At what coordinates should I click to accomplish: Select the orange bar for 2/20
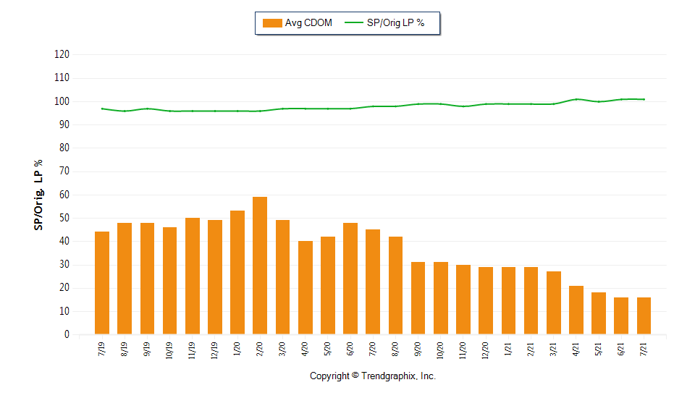click(x=260, y=266)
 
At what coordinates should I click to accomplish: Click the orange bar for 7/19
click(x=102, y=283)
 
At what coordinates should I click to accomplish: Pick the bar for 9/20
click(x=418, y=298)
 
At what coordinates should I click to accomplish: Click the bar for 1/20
click(x=237, y=272)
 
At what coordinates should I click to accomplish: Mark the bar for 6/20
click(x=350, y=279)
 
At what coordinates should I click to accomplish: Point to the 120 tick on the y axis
click(x=62, y=55)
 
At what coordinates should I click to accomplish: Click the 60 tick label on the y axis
click(x=64, y=195)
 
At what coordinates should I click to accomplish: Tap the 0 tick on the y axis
click(x=67, y=335)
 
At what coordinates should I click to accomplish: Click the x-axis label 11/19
click(x=193, y=350)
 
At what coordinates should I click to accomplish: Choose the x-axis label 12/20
click(x=486, y=350)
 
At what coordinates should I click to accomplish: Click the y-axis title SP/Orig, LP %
click(x=38, y=194)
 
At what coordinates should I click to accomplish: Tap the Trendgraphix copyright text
click(x=373, y=376)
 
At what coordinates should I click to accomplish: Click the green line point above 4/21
click(x=576, y=99)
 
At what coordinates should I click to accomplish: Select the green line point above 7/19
click(x=102, y=109)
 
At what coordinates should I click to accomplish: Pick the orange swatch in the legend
click(x=272, y=23)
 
